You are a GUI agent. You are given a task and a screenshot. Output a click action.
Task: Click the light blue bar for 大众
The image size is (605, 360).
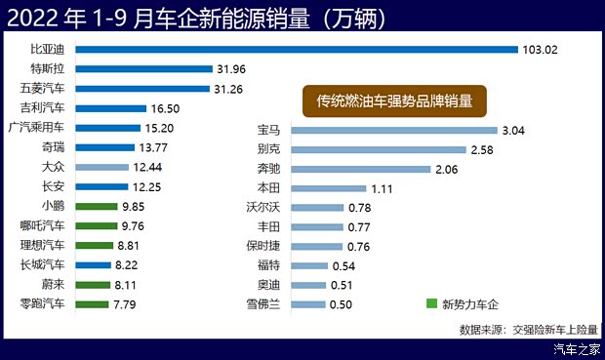click(x=107, y=167)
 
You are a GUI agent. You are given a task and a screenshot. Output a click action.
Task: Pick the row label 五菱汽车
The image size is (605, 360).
click(x=42, y=88)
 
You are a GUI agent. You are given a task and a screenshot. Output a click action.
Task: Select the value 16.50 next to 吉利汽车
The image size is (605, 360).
click(x=166, y=108)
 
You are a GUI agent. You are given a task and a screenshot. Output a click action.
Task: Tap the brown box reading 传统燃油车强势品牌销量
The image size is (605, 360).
click(x=394, y=100)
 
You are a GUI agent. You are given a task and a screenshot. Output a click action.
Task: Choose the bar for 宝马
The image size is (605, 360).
click(x=390, y=129)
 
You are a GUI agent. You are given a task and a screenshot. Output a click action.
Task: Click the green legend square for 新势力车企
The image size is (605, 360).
click(x=432, y=303)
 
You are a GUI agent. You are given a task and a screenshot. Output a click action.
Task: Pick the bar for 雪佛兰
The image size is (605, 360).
click(x=307, y=303)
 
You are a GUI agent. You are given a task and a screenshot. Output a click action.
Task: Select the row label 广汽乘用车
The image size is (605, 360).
click(x=36, y=127)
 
